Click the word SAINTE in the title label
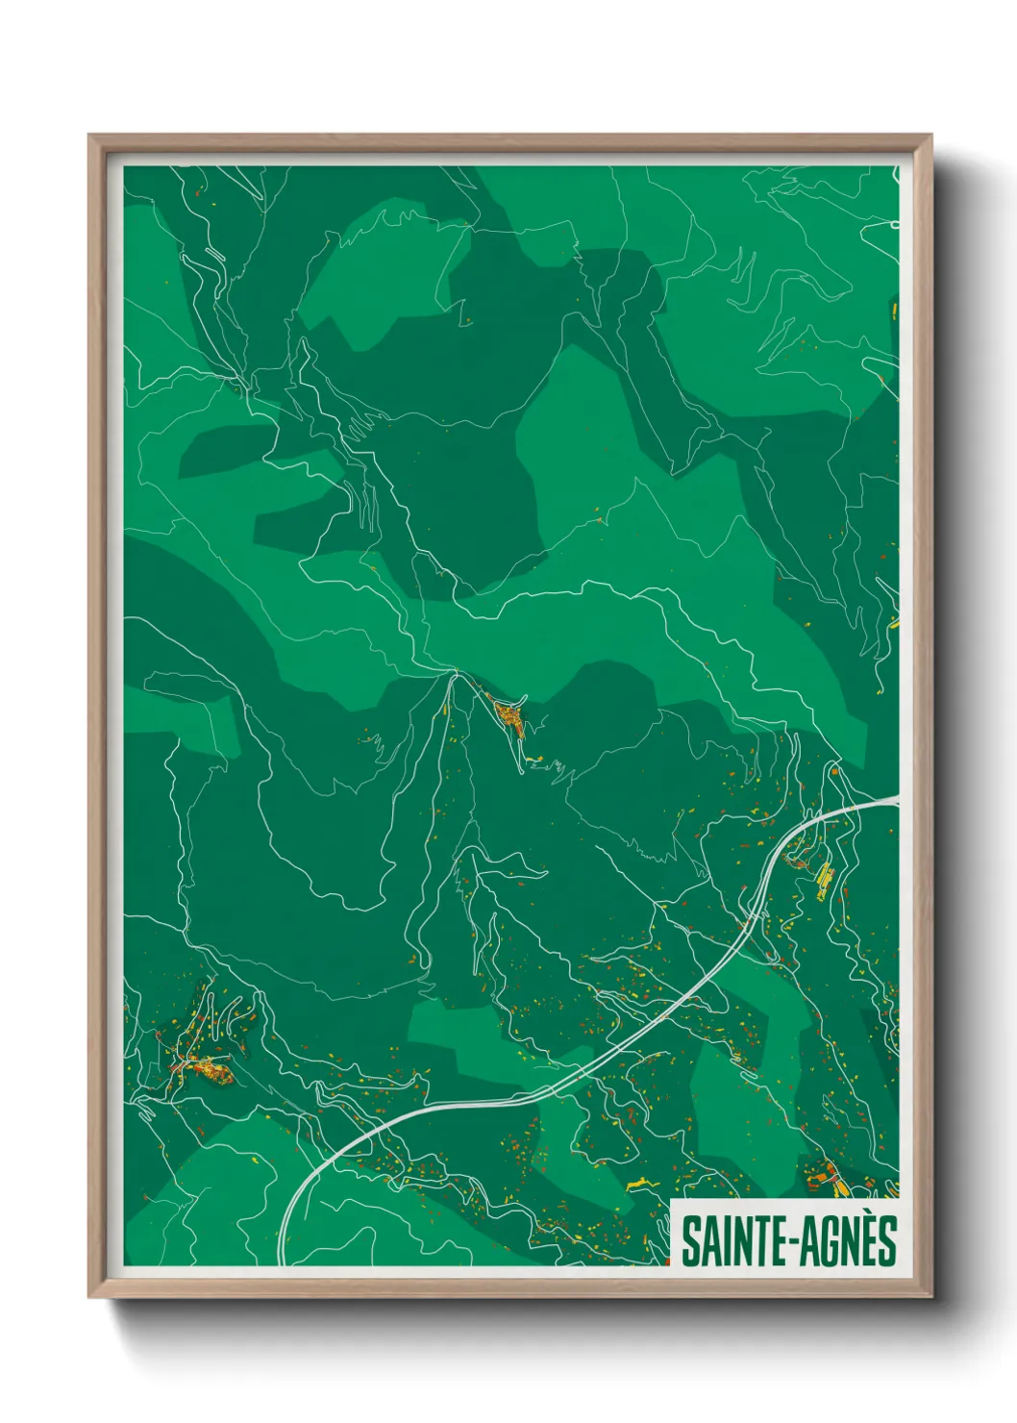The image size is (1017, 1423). coord(733,1240)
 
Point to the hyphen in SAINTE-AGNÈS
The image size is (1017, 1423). coord(792,1242)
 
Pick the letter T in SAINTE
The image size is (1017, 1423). coord(766,1240)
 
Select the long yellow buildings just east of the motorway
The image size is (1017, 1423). coord(825,880)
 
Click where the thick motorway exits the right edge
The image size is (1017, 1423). coord(896,799)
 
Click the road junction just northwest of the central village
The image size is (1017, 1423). coord(452,672)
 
